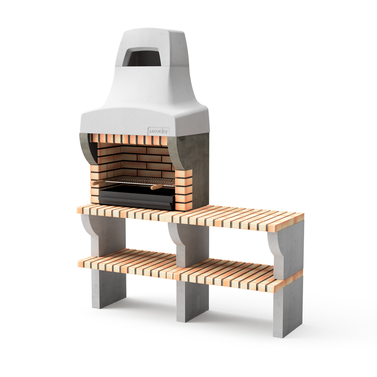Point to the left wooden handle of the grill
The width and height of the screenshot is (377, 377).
pos(99,182)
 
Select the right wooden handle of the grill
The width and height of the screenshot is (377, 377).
pos(156,187)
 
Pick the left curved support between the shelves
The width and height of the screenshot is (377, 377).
pos(102,236)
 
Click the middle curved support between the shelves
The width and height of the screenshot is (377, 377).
pos(190,243)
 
